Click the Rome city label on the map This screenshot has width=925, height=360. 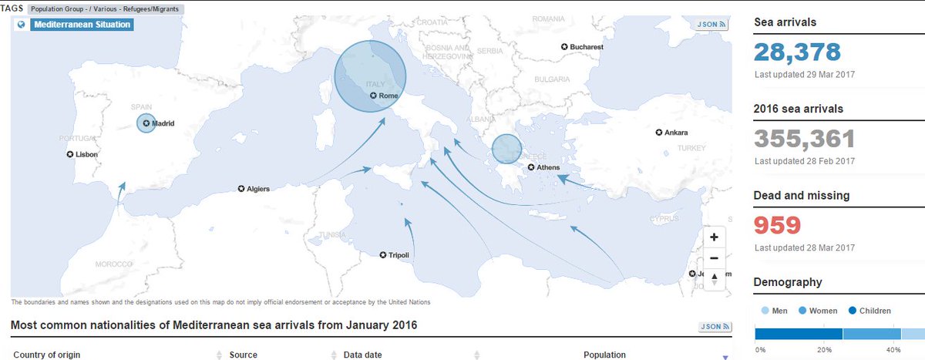tap(388, 96)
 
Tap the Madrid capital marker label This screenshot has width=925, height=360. tap(163, 123)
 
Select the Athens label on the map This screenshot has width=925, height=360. tap(548, 167)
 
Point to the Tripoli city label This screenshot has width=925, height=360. tap(399, 255)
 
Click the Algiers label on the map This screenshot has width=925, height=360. tap(258, 189)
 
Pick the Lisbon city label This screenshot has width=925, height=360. tap(86, 154)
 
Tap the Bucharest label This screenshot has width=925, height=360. tap(586, 47)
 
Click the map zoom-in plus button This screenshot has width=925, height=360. tap(714, 237)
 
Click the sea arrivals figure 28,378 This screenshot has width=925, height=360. tap(797, 52)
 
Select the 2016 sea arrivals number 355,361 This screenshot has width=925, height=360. tap(805, 139)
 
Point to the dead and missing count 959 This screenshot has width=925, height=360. tap(778, 225)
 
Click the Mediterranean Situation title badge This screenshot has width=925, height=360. tap(82, 25)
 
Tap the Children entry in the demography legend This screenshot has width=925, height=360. tap(871, 311)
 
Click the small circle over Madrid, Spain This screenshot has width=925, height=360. tap(146, 123)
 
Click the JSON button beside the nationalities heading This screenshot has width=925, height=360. tap(712, 327)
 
